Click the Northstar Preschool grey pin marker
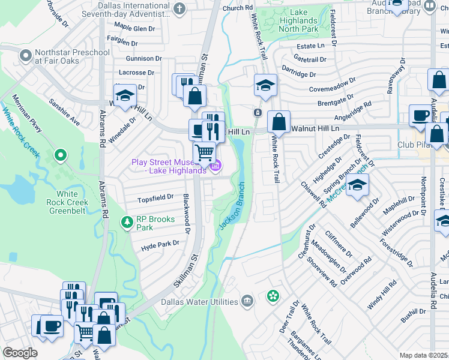point(26,56)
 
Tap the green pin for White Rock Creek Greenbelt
point(60,156)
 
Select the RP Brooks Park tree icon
point(127,223)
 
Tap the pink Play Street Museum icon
point(217,164)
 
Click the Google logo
point(20,353)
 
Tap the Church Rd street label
point(237,8)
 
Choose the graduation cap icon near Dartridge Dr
point(265,85)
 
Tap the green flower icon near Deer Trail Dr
point(273,296)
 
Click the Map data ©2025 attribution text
point(424,355)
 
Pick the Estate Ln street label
point(310,46)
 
